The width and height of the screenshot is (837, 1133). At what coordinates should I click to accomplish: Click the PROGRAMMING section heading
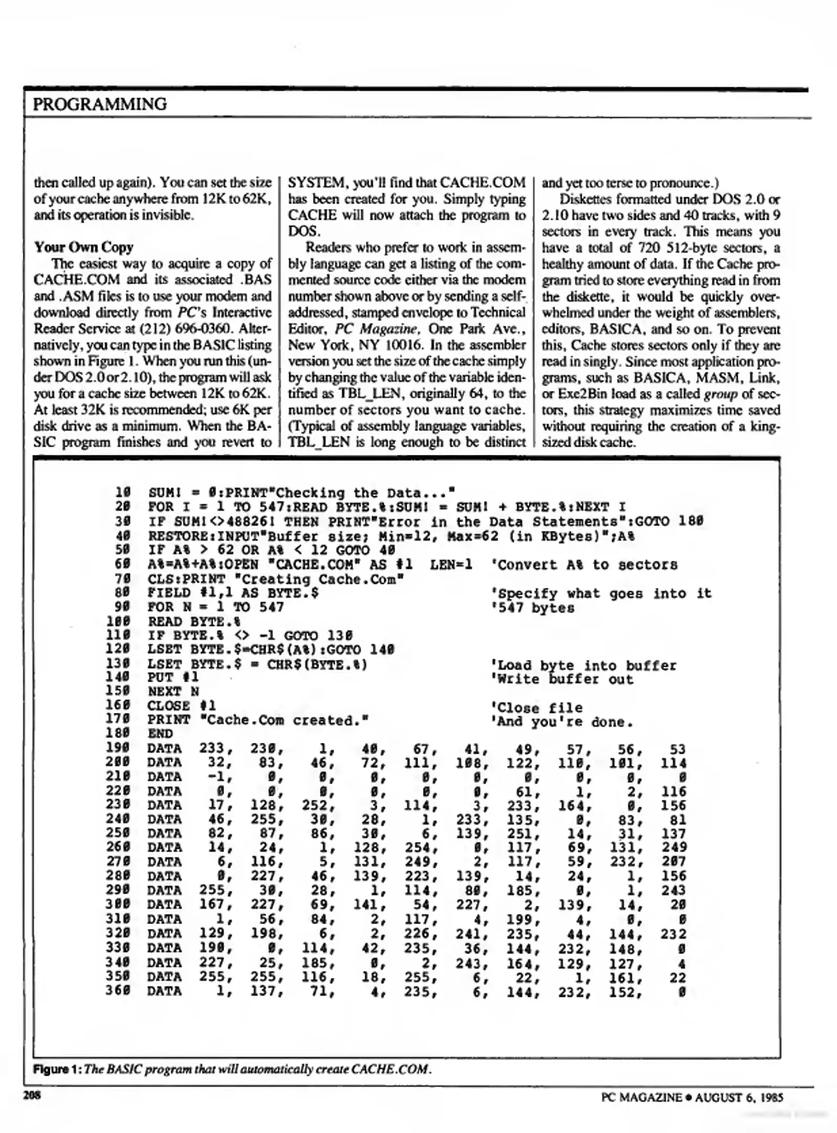tap(100, 104)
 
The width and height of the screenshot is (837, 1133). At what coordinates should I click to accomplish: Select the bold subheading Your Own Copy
tap(83, 247)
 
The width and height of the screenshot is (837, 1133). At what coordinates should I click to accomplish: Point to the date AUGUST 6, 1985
tap(738, 1097)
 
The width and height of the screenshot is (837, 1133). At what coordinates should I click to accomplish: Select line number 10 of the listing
tap(123, 493)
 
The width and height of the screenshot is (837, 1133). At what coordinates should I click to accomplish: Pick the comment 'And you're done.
tap(561, 722)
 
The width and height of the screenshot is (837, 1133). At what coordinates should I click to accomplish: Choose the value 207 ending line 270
tap(673, 862)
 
